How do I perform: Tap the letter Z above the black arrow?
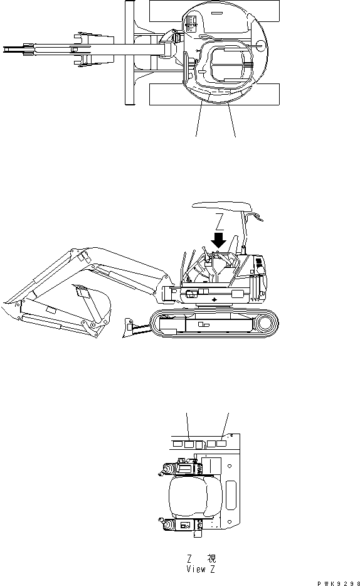[218, 221]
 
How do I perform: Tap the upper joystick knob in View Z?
[166, 469]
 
